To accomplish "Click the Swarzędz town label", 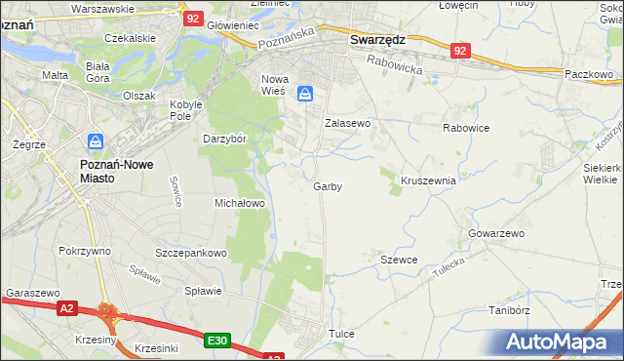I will pyautogui.click(x=377, y=41).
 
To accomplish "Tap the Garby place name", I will pyautogui.click(x=328, y=185).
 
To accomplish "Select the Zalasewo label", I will pyautogui.click(x=348, y=124).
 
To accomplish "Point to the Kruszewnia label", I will pyautogui.click(x=428, y=180).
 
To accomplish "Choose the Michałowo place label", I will pyautogui.click(x=240, y=203).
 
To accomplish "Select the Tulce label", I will pyautogui.click(x=341, y=334).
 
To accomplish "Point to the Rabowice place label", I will pyautogui.click(x=465, y=127).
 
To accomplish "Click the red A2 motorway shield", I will pyautogui.click(x=65, y=309).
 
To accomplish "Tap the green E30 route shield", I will pyautogui.click(x=217, y=341).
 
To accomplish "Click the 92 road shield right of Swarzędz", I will pyautogui.click(x=461, y=50).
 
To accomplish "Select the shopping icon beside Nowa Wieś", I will pyautogui.click(x=305, y=93).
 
